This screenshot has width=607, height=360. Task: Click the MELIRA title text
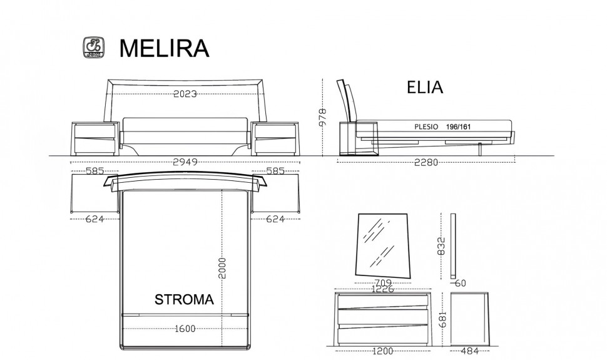pos(164,48)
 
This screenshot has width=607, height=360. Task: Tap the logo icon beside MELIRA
pos(94,48)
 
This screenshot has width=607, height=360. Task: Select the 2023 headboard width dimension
pos(185,94)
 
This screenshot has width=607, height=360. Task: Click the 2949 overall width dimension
pos(185,162)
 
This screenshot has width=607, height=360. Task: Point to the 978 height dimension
pos(322,116)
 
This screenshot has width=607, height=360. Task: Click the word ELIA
pos(425,87)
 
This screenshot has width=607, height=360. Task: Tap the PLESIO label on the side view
pos(426,126)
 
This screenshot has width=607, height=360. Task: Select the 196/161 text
pos(458,126)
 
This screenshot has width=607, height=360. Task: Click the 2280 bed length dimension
pos(426,162)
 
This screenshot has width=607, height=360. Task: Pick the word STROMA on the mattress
pos(184,299)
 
